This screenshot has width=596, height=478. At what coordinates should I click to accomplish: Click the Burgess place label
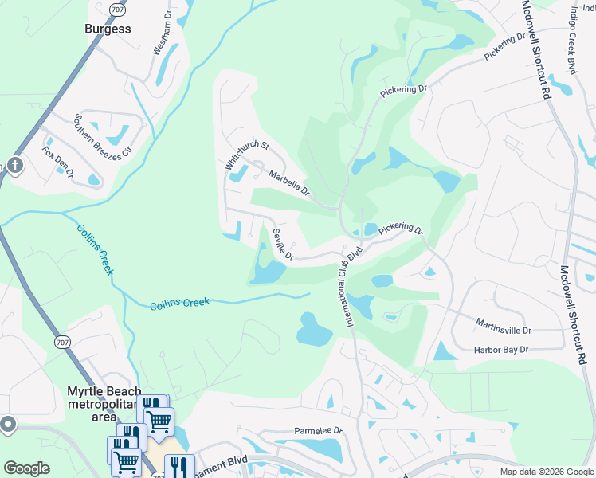108,29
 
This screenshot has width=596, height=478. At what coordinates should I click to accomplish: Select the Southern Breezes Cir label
102,137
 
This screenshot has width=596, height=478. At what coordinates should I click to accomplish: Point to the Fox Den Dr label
58,162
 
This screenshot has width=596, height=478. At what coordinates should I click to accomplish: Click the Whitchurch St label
247,156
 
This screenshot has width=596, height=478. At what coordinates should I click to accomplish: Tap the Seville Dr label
283,245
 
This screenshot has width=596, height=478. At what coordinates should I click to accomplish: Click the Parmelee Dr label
317,430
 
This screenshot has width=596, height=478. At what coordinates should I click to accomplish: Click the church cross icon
14,166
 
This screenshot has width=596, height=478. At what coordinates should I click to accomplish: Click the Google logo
26,468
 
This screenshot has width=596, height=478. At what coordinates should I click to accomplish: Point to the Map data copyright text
547,472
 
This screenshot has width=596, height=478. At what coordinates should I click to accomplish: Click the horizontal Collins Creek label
179,303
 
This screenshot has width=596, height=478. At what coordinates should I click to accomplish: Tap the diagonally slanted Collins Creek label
95,250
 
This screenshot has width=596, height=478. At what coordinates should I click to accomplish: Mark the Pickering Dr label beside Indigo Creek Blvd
505,46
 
